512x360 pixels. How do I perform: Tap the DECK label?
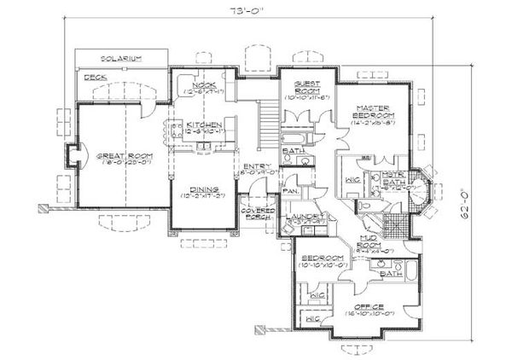(x=88, y=77)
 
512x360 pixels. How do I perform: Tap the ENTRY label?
(x=256, y=166)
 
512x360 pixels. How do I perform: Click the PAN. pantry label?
(x=289, y=192)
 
